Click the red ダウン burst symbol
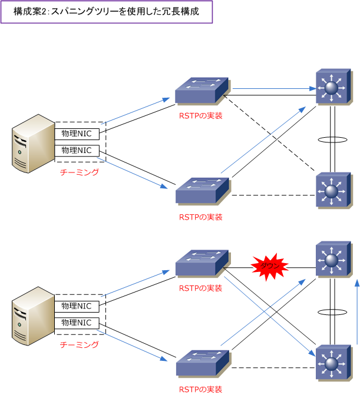pos(269,266)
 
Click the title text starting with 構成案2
pos(106,12)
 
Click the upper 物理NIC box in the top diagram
pos(77,133)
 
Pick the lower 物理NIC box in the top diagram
pos(77,150)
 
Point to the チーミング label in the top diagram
pos(80,172)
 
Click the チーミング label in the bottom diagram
pos(80,344)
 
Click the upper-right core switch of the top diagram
pos(332,88)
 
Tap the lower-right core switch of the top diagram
pos(332,190)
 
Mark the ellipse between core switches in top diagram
pos(332,140)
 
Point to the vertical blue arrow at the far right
pos(356,312)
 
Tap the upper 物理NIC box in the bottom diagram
pos(77,306)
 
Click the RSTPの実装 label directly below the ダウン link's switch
pos(201,288)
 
